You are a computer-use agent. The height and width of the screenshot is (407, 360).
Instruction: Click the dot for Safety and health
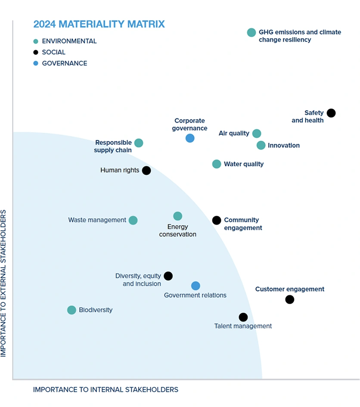click(331, 113)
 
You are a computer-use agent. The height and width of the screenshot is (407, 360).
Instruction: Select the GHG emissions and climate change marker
click(251, 32)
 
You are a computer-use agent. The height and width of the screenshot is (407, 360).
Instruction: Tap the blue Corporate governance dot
click(190, 138)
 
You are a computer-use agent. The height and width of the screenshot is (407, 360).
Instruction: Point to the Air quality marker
click(257, 134)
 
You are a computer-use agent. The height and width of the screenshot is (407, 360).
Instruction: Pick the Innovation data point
click(261, 146)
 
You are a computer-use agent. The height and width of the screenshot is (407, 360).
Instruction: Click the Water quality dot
click(217, 164)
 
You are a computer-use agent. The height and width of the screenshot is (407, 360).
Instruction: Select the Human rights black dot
click(146, 171)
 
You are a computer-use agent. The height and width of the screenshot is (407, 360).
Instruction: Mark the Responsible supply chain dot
click(139, 143)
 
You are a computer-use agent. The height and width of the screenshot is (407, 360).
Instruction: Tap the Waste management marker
click(133, 221)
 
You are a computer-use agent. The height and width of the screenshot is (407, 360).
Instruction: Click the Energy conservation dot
click(177, 216)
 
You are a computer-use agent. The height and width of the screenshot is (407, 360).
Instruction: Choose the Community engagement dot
click(217, 221)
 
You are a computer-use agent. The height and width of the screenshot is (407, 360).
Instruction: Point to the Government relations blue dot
click(196, 286)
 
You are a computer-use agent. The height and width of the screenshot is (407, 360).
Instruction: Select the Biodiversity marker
click(71, 310)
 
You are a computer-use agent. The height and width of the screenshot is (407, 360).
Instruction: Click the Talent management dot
click(243, 317)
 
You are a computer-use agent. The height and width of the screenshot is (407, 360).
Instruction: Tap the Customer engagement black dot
click(290, 299)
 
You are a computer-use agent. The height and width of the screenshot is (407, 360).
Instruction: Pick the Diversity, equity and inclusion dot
click(168, 276)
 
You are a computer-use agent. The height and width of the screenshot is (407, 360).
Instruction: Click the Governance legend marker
click(36, 63)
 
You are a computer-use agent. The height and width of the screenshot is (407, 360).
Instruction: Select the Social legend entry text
click(54, 52)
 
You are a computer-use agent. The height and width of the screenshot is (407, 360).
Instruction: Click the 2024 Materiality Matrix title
click(99, 24)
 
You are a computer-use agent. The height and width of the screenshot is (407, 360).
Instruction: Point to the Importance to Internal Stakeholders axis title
click(106, 390)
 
